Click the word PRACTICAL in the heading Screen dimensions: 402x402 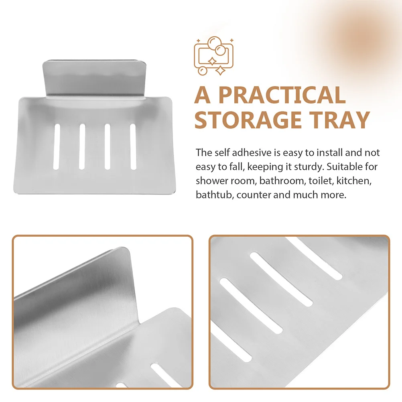point(282,95)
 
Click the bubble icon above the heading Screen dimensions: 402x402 point(213,56)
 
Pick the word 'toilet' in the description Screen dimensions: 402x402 point(319,181)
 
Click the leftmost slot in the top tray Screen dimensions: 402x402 point(57,146)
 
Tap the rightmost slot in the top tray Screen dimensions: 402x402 point(133,146)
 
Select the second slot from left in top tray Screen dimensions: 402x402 point(82,146)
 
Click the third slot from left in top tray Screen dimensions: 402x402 point(108,146)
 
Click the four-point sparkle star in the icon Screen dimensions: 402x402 point(221,71)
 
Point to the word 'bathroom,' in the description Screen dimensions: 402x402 point(282,181)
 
